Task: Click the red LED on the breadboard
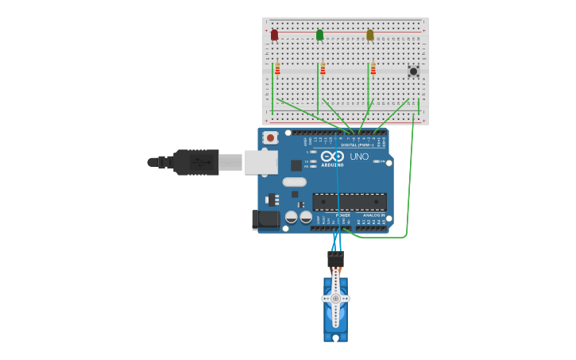(274, 35)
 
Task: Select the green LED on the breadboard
(319, 35)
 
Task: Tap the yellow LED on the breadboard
(369, 35)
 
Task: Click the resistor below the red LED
(277, 69)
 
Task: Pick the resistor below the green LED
(323, 69)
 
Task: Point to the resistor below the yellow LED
(373, 69)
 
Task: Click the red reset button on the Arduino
(270, 137)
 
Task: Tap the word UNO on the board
(359, 157)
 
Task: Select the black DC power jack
(264, 219)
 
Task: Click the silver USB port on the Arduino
(261, 162)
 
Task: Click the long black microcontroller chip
(350, 202)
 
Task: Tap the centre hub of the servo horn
(335, 299)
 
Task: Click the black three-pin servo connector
(335, 259)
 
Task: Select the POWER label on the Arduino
(342, 215)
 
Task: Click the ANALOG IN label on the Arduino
(373, 215)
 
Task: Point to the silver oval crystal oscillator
(294, 181)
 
